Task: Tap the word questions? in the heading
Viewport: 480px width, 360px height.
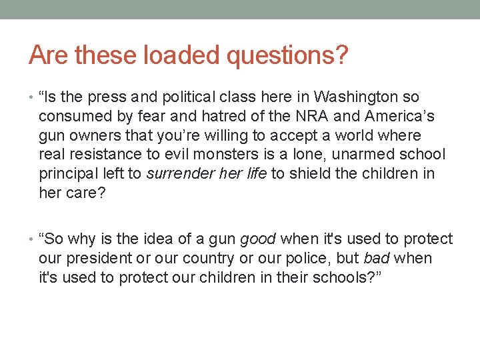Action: pos(287,56)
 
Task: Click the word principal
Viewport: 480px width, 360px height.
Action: pos(68,174)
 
